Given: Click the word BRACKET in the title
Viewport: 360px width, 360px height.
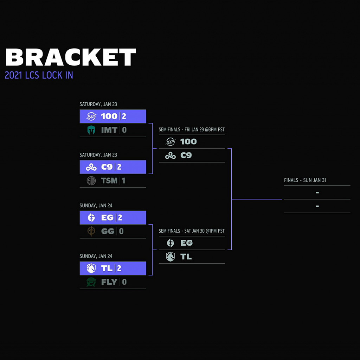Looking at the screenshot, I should pyautogui.click(x=71, y=57).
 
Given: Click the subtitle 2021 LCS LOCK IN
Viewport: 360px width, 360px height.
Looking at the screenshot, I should pyautogui.click(x=39, y=75).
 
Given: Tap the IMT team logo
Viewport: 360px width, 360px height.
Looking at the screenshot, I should pyautogui.click(x=91, y=130).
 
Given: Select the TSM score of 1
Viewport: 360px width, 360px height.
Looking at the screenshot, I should pyautogui.click(x=123, y=181).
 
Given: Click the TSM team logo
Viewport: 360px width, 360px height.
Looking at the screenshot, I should pyautogui.click(x=91, y=181).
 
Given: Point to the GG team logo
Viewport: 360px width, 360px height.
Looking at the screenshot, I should pyautogui.click(x=91, y=232).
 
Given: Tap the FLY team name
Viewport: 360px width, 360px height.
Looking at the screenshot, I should pyautogui.click(x=109, y=282).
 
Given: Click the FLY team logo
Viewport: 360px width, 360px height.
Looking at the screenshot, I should pyautogui.click(x=91, y=282).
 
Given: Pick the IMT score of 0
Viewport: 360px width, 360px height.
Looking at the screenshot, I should pyautogui.click(x=124, y=130).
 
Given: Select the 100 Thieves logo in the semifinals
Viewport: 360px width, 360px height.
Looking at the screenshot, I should pyautogui.click(x=171, y=142).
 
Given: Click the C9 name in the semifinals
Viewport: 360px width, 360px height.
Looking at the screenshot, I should pyautogui.click(x=186, y=156).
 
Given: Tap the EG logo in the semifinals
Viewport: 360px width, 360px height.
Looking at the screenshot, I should pyautogui.click(x=171, y=243).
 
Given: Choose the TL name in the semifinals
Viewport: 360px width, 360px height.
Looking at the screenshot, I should pyautogui.click(x=186, y=257).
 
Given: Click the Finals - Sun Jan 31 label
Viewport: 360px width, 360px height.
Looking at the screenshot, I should pyautogui.click(x=305, y=180).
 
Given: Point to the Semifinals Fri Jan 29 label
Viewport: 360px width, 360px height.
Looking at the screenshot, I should pyautogui.click(x=192, y=130).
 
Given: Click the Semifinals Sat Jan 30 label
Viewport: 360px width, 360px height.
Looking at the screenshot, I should pyautogui.click(x=192, y=231).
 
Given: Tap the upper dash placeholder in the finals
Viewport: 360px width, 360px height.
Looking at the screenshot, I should pyautogui.click(x=317, y=192).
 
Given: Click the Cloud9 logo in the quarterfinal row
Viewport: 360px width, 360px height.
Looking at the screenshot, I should pyautogui.click(x=91, y=167).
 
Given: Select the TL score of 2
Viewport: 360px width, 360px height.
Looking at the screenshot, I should pyautogui.click(x=119, y=269).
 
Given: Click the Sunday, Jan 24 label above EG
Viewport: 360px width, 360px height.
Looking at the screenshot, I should pyautogui.click(x=96, y=206).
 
